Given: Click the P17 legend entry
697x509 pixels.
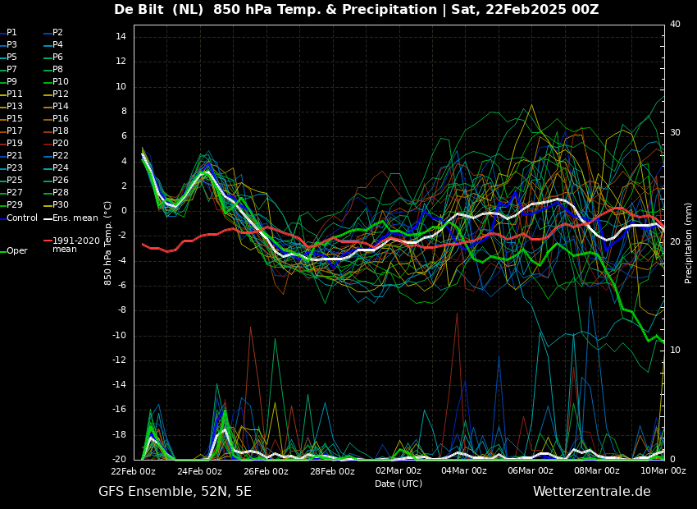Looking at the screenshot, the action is [11, 131].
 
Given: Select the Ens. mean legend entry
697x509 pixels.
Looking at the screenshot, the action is [71, 218].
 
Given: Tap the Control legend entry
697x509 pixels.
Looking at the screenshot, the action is [19, 218].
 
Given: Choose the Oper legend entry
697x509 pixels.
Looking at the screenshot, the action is [14, 251].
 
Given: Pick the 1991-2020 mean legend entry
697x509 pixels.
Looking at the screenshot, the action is [72, 245].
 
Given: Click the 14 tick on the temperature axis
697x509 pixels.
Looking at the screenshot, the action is [121, 36].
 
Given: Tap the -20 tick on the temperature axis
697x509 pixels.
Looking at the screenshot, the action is [119, 459].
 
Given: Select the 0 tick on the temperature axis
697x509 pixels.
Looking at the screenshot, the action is [124, 210].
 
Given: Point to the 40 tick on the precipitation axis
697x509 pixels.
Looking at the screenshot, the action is [675, 24].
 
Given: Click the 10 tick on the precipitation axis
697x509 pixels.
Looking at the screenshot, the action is [675, 351].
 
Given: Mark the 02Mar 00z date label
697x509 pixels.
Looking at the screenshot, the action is [399, 470].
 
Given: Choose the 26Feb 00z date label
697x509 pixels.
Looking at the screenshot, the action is [266, 470].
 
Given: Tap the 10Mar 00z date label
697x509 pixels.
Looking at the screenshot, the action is [663, 470].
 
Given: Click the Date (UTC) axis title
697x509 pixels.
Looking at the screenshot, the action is [399, 484].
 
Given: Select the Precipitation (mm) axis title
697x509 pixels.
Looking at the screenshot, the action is [689, 241].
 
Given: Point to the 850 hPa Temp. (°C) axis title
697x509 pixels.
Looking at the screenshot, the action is [108, 243].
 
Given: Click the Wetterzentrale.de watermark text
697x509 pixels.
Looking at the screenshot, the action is [592, 492].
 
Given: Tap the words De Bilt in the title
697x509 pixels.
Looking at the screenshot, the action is [139, 9].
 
